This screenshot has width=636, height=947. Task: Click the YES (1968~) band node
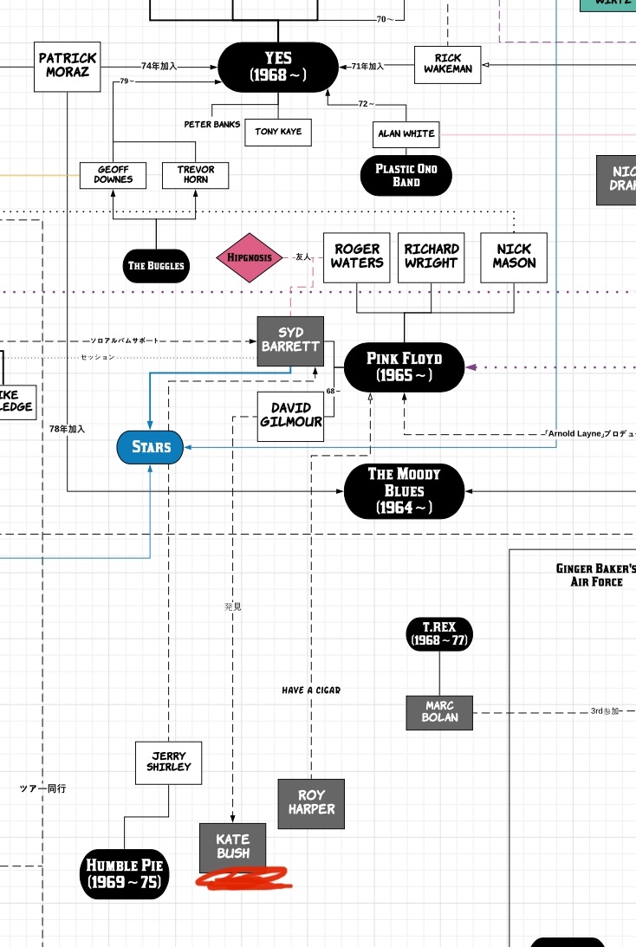278,67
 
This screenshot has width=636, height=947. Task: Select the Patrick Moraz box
68,66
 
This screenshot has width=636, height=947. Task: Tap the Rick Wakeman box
447,65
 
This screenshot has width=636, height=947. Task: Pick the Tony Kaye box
278,132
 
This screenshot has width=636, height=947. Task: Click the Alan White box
406,134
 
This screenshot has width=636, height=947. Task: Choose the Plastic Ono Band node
406,175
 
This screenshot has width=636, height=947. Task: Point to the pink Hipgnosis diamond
250,257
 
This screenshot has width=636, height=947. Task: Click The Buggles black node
156,265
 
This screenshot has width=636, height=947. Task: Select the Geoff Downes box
114,174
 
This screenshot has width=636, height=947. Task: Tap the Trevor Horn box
195,174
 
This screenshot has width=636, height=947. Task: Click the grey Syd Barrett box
290,340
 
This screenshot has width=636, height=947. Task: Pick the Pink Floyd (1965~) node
404,366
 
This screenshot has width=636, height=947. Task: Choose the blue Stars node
151,447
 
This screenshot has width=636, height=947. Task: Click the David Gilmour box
290,416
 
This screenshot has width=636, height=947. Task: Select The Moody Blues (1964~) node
404,490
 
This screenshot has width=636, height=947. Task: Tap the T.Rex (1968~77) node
439,634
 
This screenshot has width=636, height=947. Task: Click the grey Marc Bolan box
439,712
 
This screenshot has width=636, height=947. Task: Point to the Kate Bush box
233,846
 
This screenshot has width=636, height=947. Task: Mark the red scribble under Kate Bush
243,879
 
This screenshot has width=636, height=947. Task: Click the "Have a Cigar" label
311,691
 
